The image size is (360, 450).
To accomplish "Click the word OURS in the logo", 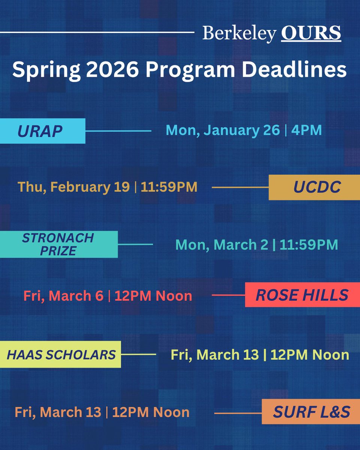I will click(x=311, y=34).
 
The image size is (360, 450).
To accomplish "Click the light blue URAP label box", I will click(x=42, y=131).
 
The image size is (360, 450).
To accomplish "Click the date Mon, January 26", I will click(x=223, y=130).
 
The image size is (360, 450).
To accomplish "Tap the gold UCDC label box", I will click(x=312, y=187).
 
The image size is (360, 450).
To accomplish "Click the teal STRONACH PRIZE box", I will click(x=58, y=244).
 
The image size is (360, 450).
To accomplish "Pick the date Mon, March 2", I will click(x=222, y=245).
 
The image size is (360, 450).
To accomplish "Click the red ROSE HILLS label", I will click(x=302, y=295).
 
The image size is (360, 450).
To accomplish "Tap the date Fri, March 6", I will click(x=63, y=296).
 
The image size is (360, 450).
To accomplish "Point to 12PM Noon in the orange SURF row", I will click(x=151, y=412).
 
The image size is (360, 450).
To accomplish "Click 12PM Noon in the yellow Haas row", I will click(x=310, y=354).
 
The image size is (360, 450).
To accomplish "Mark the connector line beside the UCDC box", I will click(x=240, y=187).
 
